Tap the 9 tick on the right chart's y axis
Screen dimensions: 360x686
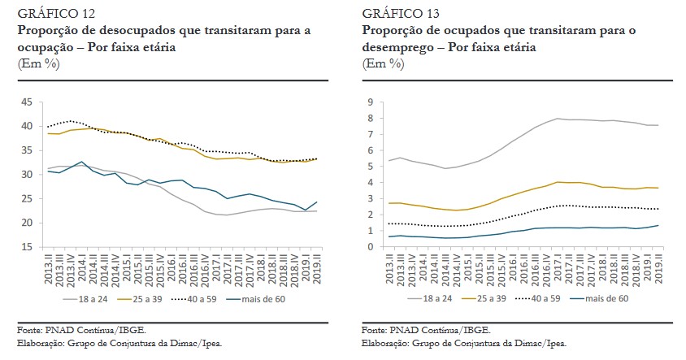coord(371,102)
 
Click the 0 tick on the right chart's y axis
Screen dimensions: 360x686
coord(371,247)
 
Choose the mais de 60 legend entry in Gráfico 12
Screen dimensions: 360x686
coord(269,298)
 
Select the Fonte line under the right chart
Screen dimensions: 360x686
coord(420,331)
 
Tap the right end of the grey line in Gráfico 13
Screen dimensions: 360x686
coord(658,125)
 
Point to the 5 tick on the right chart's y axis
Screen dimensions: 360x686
coord(371,167)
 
